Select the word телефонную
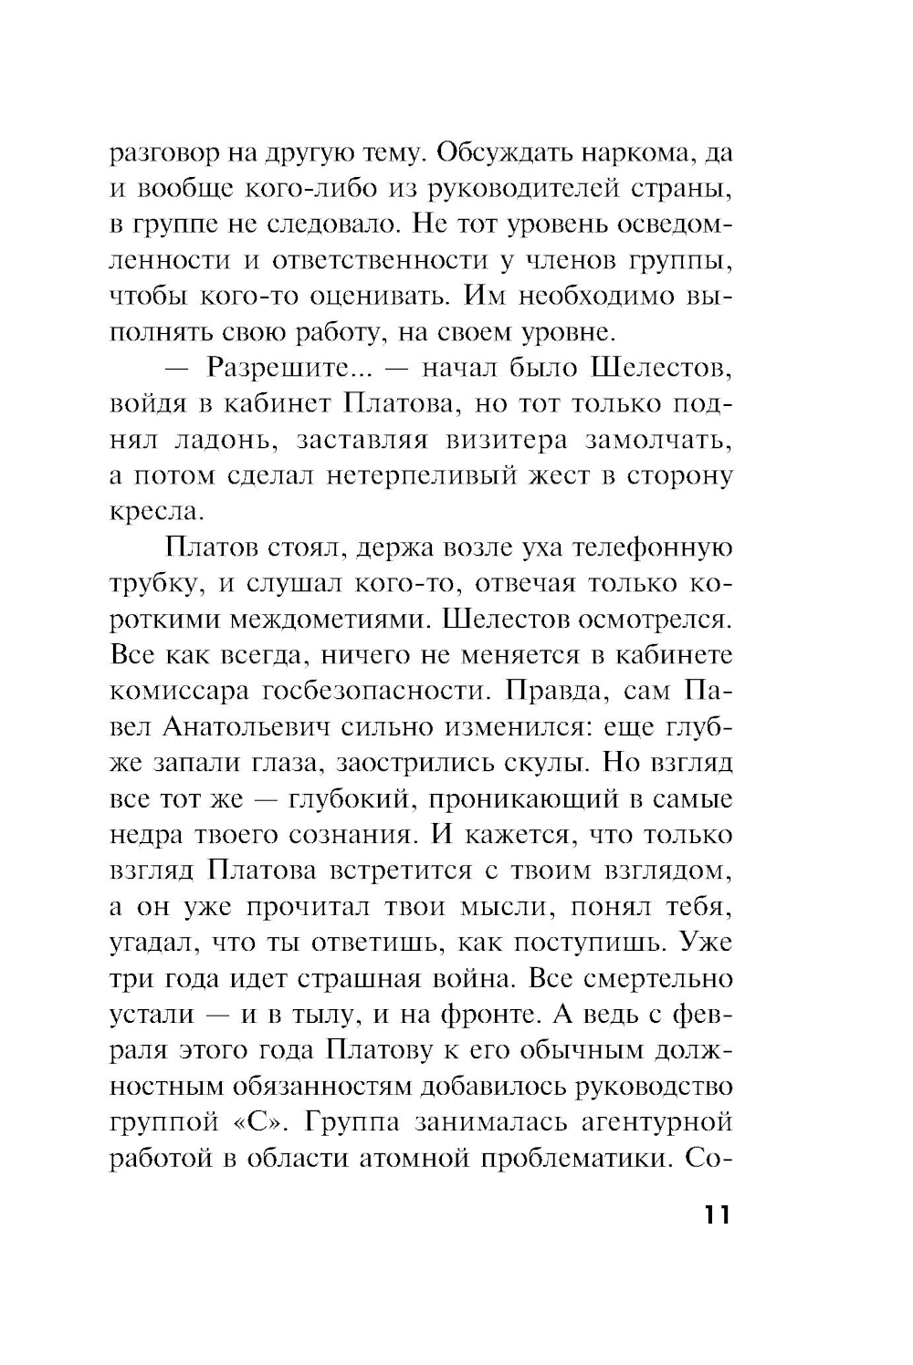pyautogui.click(x=651, y=548)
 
